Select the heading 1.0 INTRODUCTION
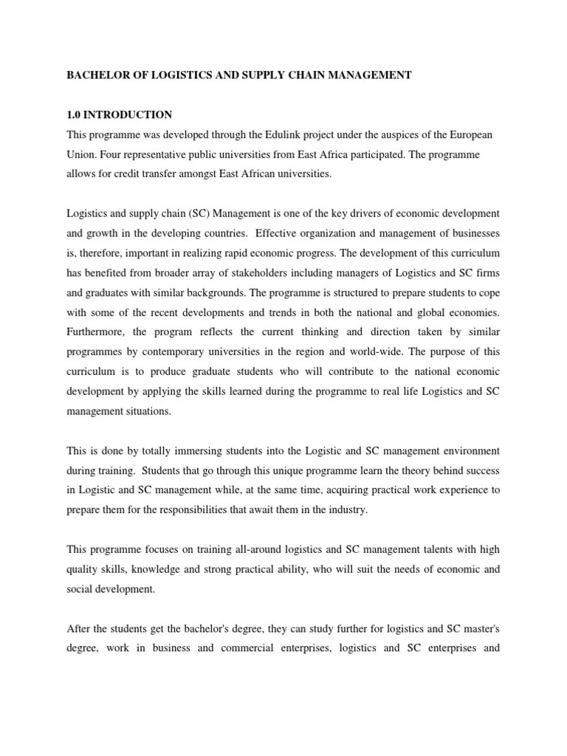(120, 114)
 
